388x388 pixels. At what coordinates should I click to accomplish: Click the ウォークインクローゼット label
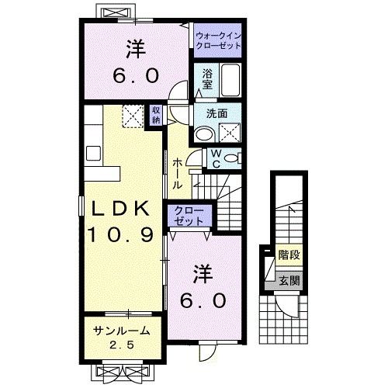[x=218, y=41]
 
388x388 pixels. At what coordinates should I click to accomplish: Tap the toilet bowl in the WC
[x=233, y=159]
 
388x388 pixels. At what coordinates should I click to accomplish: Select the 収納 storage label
[x=156, y=115]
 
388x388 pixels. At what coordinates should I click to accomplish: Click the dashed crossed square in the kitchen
[x=132, y=116]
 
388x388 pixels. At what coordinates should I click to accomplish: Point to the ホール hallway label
[x=178, y=174]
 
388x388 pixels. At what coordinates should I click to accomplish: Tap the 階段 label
[x=289, y=254]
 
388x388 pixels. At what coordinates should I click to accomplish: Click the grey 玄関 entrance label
[x=289, y=280]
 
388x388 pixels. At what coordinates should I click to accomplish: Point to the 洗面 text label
[x=217, y=113]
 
